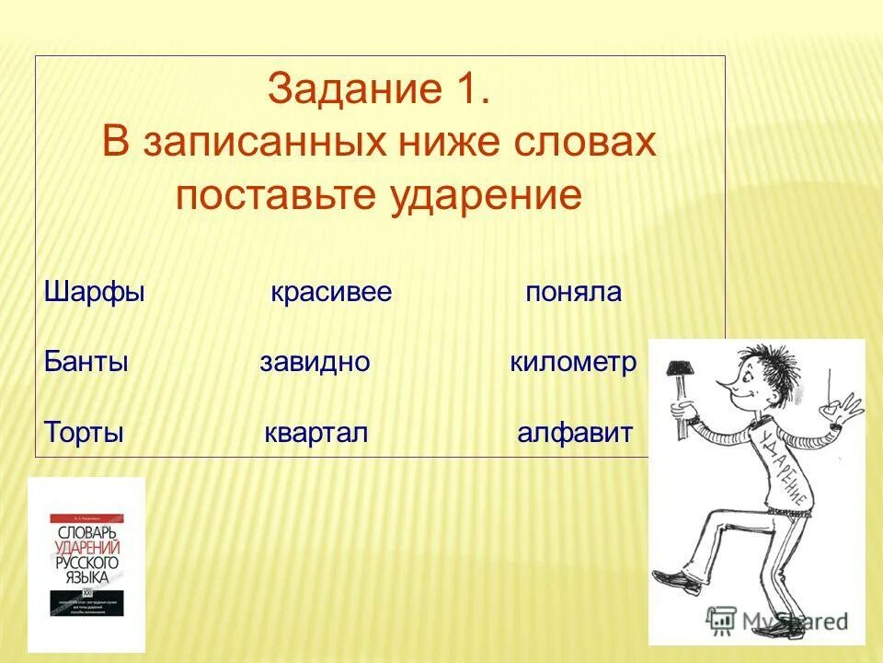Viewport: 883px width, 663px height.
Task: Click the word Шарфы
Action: tap(95, 294)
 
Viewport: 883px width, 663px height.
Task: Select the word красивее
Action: tap(331, 293)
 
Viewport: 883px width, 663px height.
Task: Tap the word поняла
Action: tap(574, 293)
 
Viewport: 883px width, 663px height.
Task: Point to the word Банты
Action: tap(86, 362)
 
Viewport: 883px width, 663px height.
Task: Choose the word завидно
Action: tap(315, 363)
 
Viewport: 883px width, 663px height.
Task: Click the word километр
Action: tap(573, 362)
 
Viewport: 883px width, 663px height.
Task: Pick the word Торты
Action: tap(84, 433)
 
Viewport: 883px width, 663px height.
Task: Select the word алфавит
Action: tap(575, 433)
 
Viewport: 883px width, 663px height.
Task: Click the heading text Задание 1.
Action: tap(379, 90)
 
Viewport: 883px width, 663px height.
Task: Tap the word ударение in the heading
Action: tap(487, 196)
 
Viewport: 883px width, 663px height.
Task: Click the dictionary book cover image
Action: tap(86, 564)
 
